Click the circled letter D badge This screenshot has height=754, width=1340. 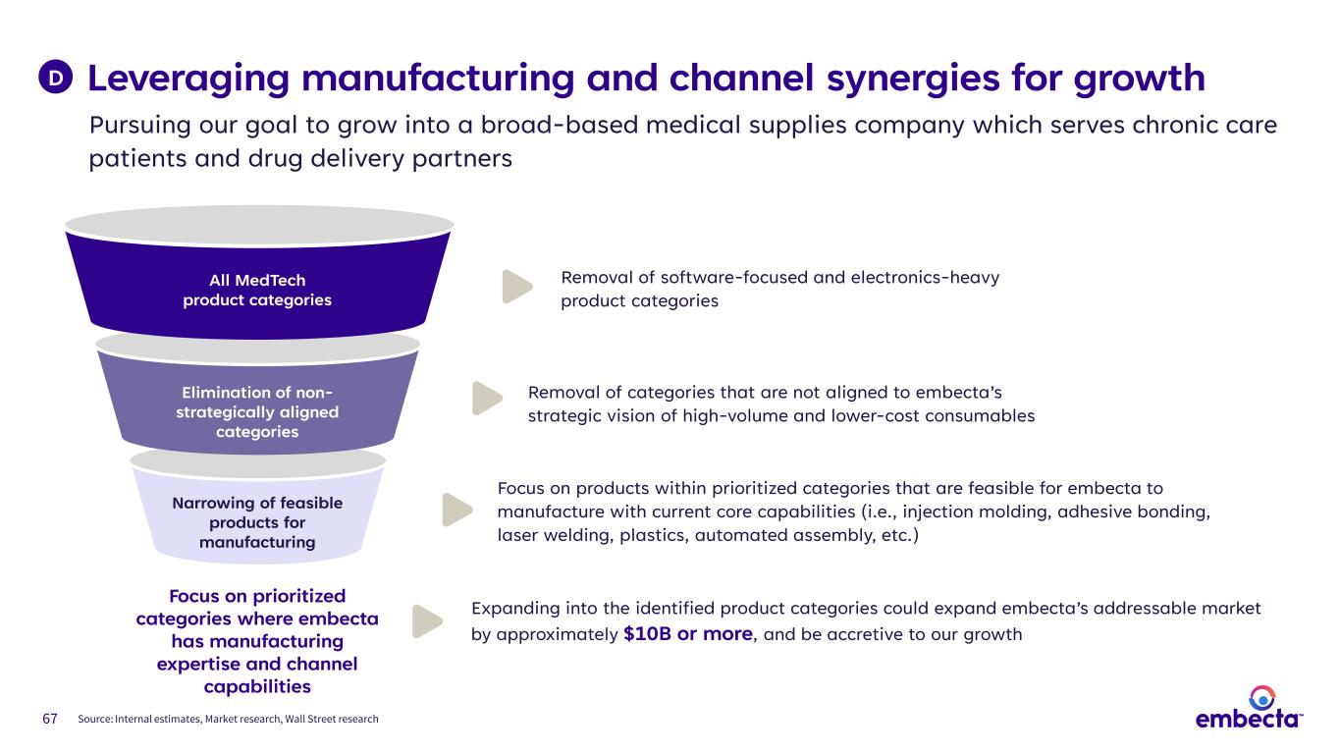click(x=58, y=77)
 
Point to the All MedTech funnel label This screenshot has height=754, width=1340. click(x=257, y=290)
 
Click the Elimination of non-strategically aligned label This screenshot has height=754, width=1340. click(x=257, y=411)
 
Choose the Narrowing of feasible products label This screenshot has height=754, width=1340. click(x=257, y=522)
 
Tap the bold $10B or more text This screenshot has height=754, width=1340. click(x=688, y=633)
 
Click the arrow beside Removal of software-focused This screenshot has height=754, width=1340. click(x=516, y=286)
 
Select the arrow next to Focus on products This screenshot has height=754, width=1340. click(x=456, y=509)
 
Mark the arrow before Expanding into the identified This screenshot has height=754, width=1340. click(x=426, y=620)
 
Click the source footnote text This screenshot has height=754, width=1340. click(x=228, y=720)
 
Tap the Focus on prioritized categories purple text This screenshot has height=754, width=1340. click(x=257, y=641)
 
